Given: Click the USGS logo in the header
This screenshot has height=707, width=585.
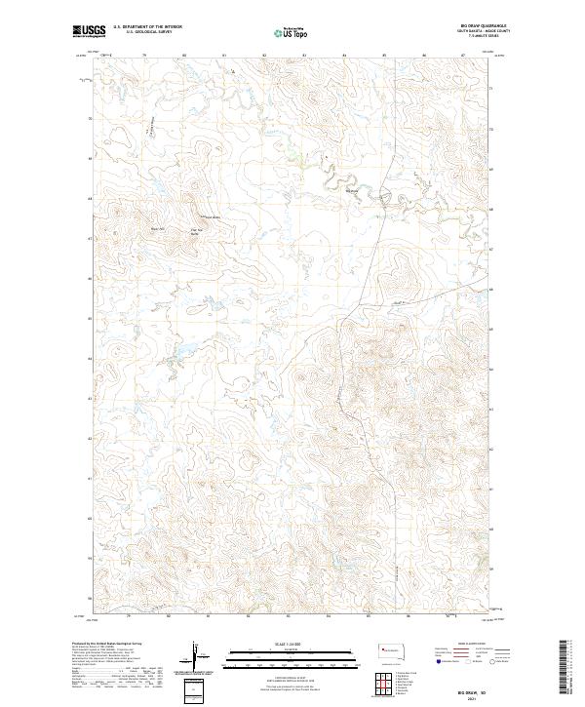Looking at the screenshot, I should [89, 31].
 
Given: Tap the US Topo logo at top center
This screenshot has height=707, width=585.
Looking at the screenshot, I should [286, 32].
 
